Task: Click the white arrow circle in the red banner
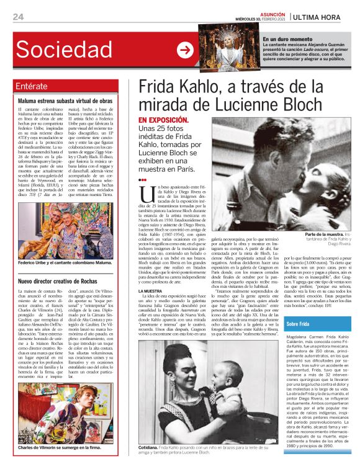[x=185, y=50]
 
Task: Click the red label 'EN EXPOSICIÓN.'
[x=163, y=118]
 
